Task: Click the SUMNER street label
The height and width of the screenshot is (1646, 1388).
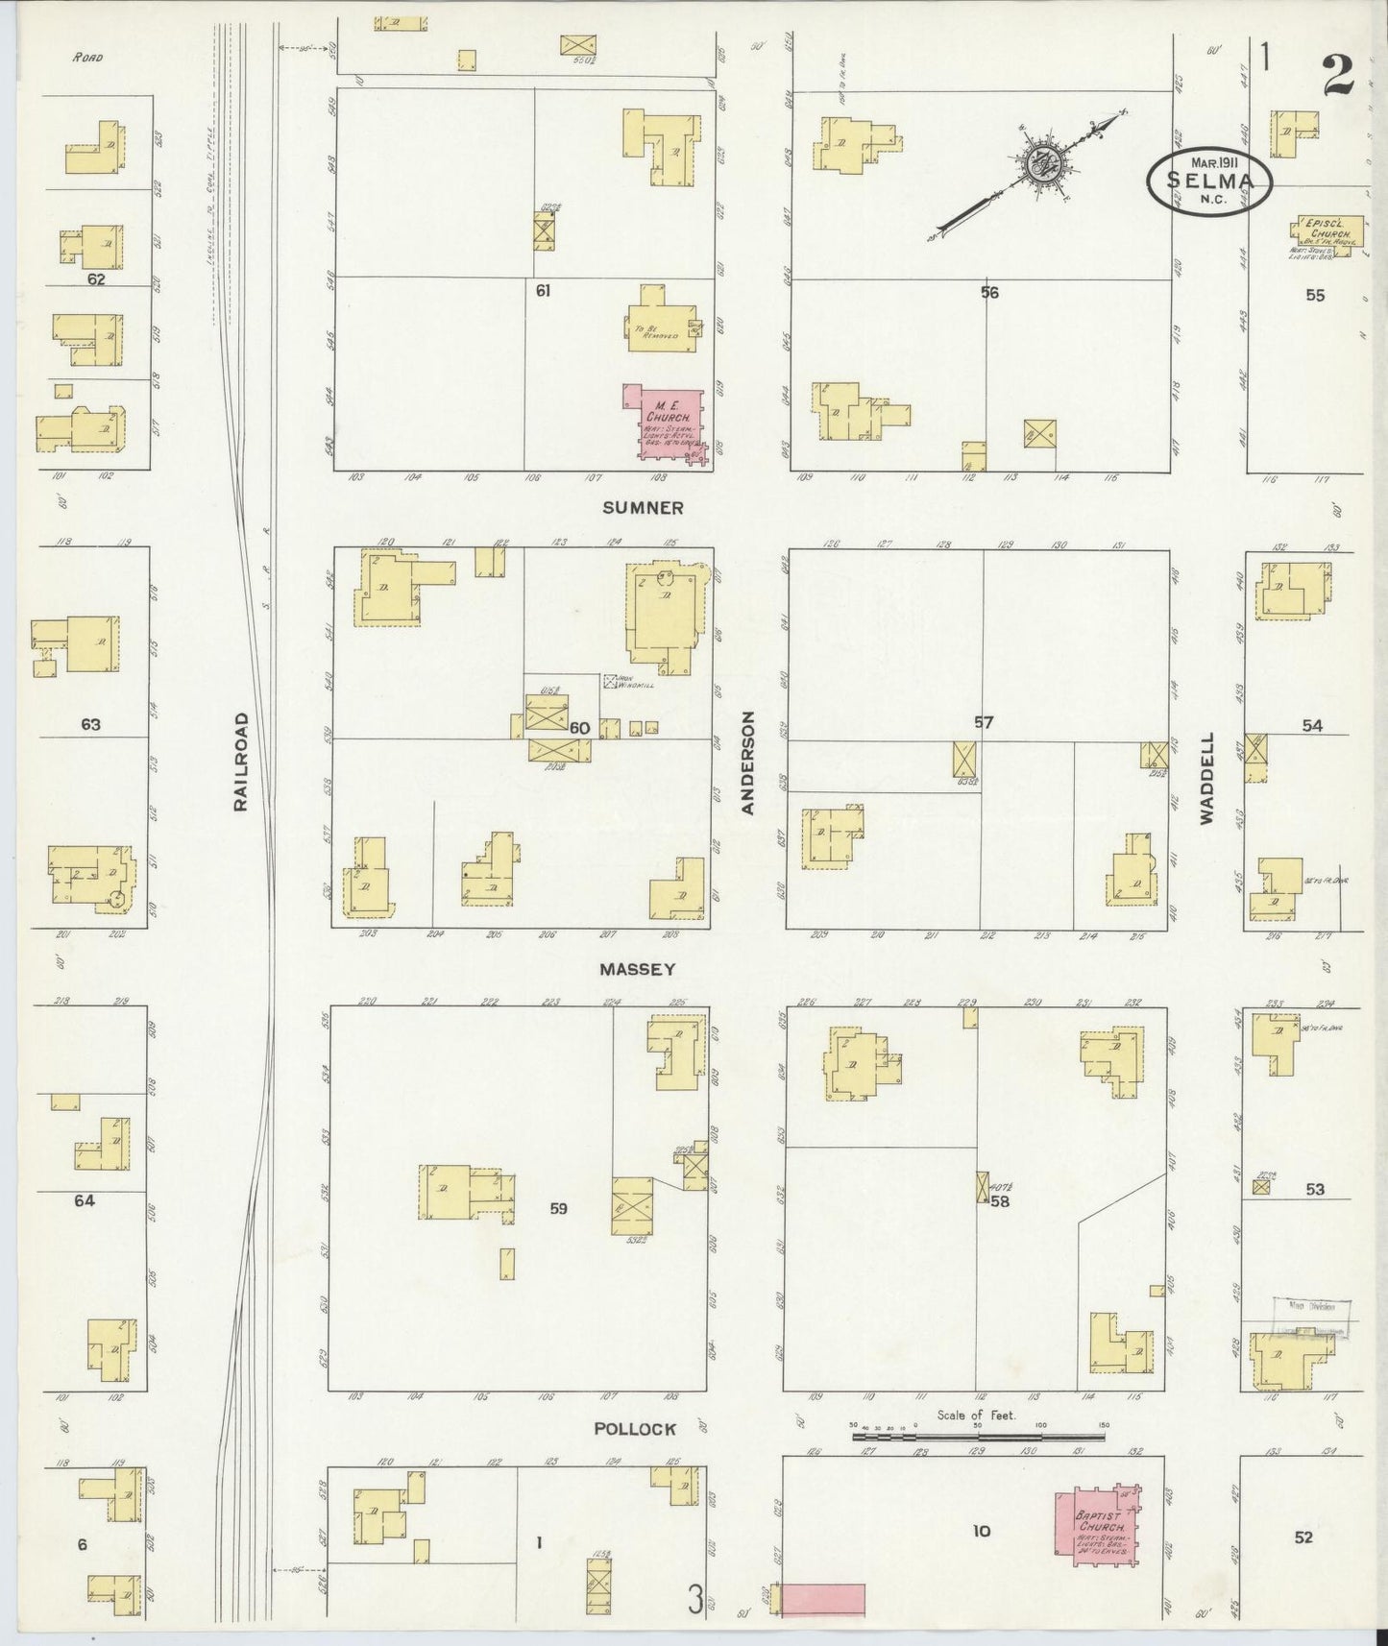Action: [x=656, y=508]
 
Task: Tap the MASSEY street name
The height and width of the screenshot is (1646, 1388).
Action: [x=637, y=970]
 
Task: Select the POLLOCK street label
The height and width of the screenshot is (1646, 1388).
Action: [x=634, y=1429]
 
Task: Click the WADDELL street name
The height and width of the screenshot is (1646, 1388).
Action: [x=1206, y=779]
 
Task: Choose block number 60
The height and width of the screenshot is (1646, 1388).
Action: [x=579, y=728]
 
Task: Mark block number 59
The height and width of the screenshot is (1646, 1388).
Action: [x=558, y=1209]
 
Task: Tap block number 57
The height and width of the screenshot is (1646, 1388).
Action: [x=983, y=722]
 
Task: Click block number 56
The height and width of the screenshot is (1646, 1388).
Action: [x=989, y=293]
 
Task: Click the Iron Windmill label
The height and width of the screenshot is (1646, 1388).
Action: [x=616, y=682]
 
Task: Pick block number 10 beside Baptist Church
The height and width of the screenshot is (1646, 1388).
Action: [x=981, y=1531]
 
